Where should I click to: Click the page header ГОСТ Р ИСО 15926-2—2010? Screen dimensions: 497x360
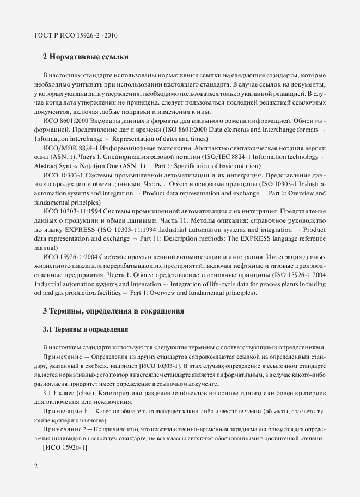coord(76,36)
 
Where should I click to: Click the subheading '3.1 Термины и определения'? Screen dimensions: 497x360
coord(85,329)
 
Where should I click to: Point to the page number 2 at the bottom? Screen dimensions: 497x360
coord(36,466)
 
